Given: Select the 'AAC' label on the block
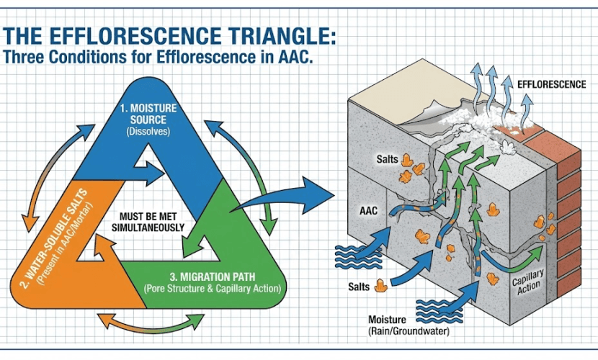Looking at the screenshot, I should (367, 212).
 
